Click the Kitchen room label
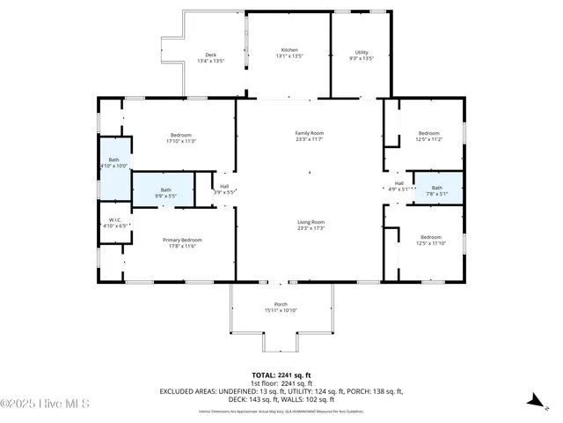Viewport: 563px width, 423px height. (x=289, y=50)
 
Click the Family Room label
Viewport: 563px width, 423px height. (x=310, y=132)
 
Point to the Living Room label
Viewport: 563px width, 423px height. (x=310, y=222)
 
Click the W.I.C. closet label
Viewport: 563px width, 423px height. (x=114, y=219)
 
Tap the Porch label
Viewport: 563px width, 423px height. (x=281, y=305)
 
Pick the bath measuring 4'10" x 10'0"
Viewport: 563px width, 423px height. (x=113, y=163)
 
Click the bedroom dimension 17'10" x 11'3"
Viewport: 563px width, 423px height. (x=179, y=140)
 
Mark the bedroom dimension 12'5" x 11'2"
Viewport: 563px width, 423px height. (x=428, y=139)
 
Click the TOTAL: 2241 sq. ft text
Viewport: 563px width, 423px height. (x=281, y=375)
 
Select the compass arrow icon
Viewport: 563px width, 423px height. (x=533, y=401)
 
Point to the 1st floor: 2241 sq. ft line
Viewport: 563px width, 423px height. (x=281, y=383)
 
